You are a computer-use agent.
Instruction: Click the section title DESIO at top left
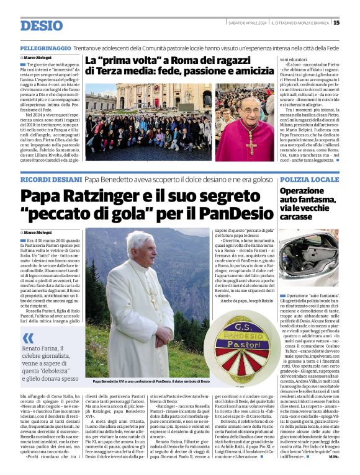point(41,25)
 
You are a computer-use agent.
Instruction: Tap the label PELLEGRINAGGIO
point(45,47)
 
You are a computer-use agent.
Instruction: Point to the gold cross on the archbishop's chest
point(251,143)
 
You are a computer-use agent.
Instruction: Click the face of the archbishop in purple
point(249,110)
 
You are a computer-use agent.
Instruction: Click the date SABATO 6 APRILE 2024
point(246,23)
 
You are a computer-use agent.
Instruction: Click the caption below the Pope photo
point(151,381)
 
